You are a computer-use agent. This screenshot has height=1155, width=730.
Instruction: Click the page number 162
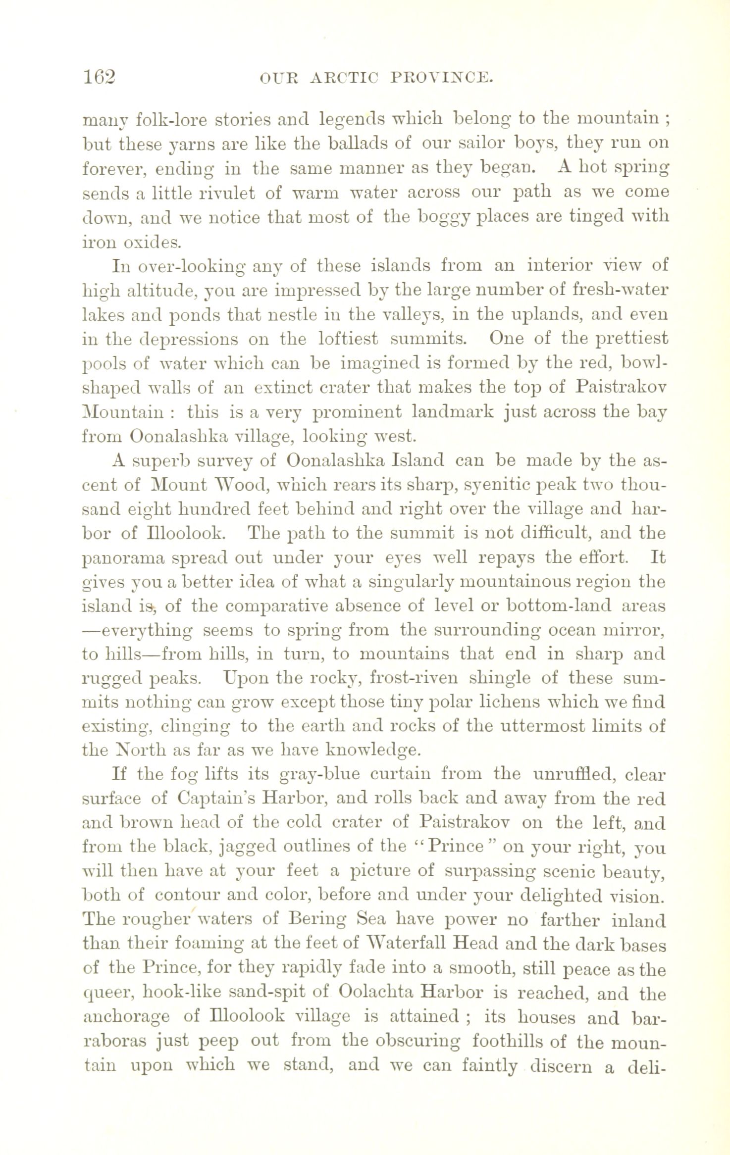[99, 78]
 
